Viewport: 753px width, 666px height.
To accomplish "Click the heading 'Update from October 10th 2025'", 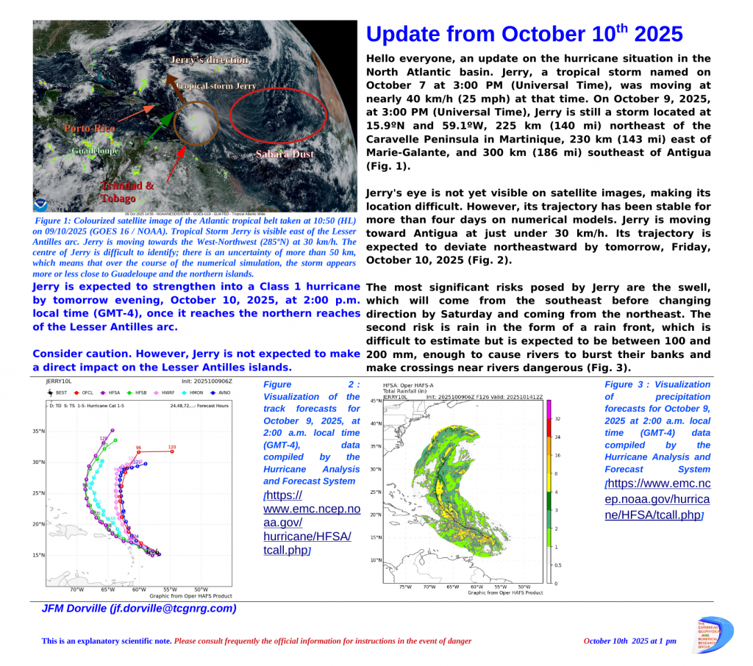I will click(x=524, y=35).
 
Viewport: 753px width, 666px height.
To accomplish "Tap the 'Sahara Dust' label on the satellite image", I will click(x=285, y=154).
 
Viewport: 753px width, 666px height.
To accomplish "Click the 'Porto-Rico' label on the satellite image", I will click(x=90, y=129).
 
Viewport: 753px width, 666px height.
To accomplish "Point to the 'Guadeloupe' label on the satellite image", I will click(x=95, y=151).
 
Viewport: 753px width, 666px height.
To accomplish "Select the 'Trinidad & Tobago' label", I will click(x=127, y=192).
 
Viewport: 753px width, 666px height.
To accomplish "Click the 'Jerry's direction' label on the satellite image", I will click(x=209, y=60).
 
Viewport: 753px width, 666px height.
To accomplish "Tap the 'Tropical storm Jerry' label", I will click(x=216, y=86).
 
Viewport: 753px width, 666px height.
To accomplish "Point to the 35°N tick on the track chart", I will click(x=38, y=431).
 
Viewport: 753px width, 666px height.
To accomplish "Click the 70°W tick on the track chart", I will click(x=76, y=590).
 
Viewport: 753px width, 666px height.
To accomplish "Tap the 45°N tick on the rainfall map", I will click(x=376, y=401).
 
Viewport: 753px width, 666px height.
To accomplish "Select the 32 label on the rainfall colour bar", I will click(x=558, y=419).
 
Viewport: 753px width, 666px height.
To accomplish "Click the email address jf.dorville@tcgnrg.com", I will click(x=140, y=609).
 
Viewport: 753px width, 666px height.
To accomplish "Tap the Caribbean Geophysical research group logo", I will click(x=713, y=636).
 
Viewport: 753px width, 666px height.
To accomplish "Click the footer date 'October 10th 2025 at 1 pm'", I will click(x=629, y=641).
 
